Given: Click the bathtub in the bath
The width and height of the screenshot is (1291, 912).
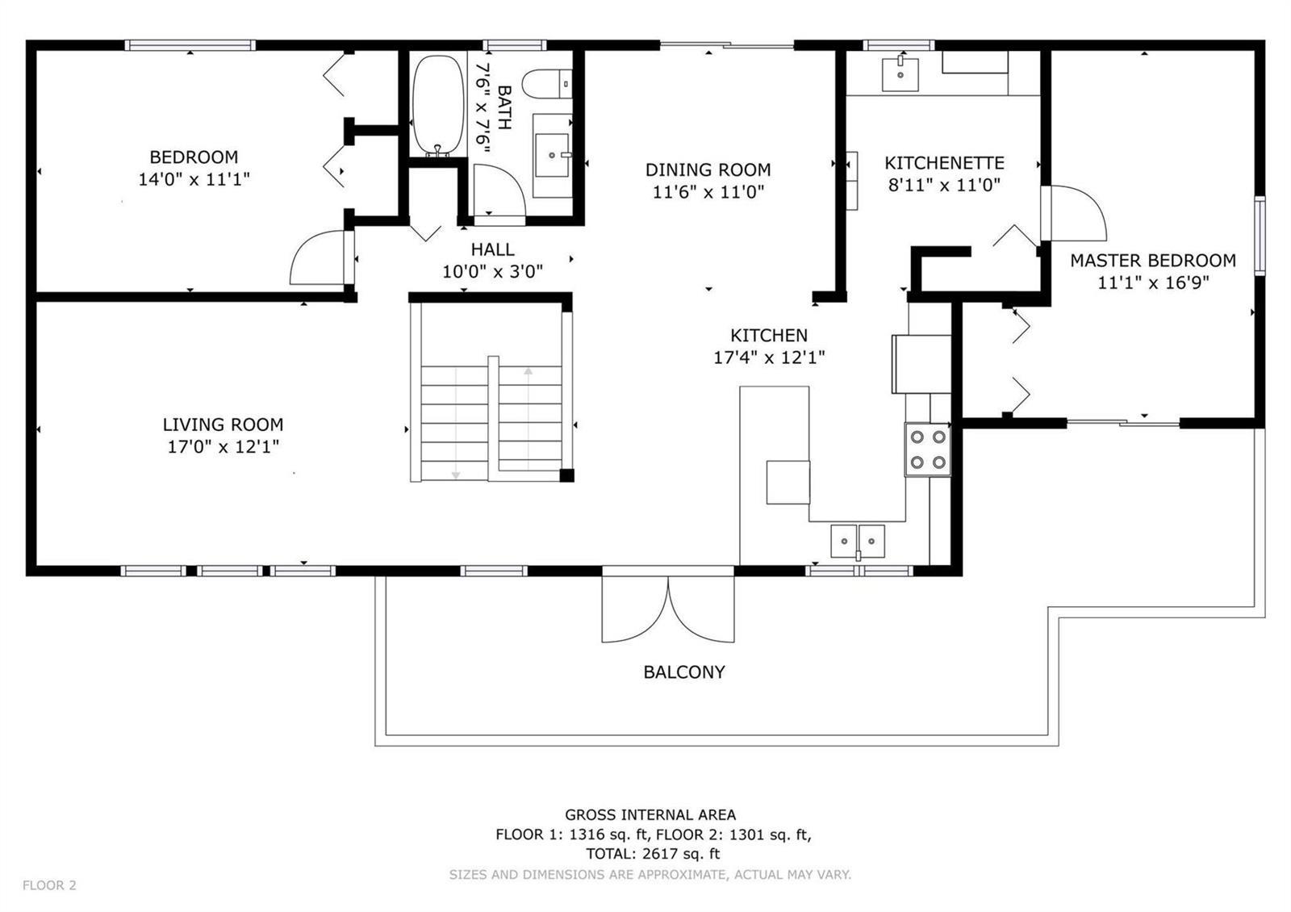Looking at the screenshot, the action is click(x=438, y=106).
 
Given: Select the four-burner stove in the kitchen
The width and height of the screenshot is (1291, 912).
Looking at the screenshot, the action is click(x=927, y=450).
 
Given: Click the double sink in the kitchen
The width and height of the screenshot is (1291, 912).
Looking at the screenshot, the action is click(x=858, y=542).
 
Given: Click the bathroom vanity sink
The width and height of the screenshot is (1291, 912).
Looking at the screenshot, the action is click(x=552, y=155).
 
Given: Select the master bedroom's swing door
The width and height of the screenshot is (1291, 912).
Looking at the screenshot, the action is click(x=1074, y=213).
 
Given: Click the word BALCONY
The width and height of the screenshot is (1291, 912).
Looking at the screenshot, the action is click(x=684, y=672).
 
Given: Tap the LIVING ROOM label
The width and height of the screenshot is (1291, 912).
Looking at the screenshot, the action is click(x=223, y=425).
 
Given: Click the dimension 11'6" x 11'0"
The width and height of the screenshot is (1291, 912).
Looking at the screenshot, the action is click(x=708, y=192).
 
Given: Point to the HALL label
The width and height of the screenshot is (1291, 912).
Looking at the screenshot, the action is click(x=493, y=249).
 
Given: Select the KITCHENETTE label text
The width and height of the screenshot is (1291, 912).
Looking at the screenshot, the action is click(x=945, y=163).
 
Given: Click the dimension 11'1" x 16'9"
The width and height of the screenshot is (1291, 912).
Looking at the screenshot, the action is click(x=1153, y=283).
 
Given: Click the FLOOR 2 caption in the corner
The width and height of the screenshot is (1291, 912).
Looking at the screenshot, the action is click(x=49, y=885).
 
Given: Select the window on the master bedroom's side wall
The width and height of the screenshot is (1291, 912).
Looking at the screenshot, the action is click(x=1260, y=235).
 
